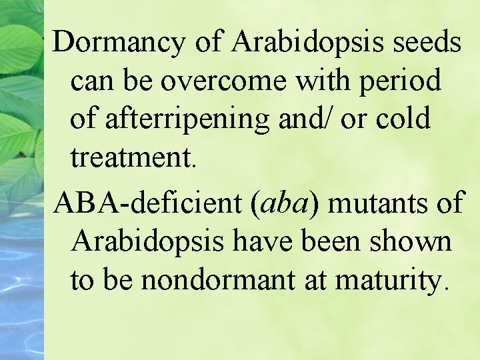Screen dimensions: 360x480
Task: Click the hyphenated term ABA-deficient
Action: coord(149,202)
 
